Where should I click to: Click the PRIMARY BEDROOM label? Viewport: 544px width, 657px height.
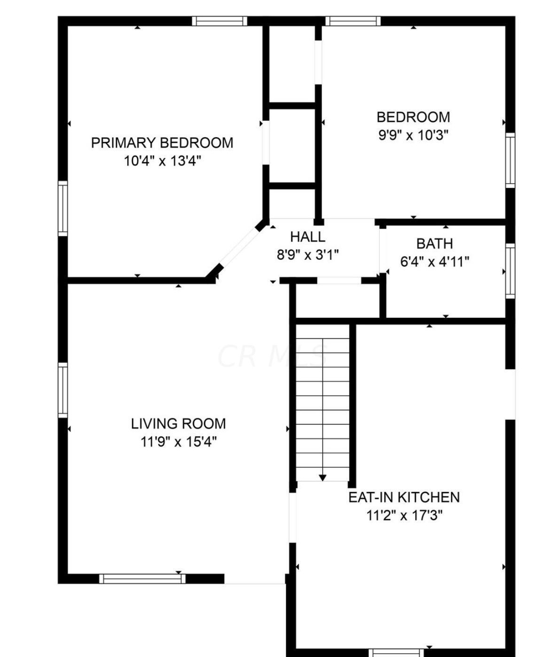162,142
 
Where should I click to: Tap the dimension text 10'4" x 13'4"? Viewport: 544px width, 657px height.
162,161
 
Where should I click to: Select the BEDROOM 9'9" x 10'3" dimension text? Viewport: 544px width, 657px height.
413,135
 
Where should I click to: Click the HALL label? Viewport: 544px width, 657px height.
308,236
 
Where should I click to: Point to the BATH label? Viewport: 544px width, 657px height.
435,243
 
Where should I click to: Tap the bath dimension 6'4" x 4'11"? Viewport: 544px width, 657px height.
435,261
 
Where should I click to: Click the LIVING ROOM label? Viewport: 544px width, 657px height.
178,423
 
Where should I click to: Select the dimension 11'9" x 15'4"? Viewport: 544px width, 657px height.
178,442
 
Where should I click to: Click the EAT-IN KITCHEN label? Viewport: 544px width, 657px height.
404,497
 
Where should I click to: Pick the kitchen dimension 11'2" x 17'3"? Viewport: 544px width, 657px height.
404,516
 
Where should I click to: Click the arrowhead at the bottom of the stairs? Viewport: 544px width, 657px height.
322,477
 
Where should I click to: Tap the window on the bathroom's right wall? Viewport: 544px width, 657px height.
510,271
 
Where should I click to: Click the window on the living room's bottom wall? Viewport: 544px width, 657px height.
142,579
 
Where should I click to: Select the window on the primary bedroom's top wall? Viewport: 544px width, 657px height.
219,21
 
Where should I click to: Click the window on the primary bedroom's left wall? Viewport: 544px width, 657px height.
62,208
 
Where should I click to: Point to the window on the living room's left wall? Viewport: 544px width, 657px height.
62,390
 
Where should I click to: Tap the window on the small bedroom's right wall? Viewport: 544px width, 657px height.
510,160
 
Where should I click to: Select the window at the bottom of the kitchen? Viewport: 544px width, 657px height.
396,653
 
